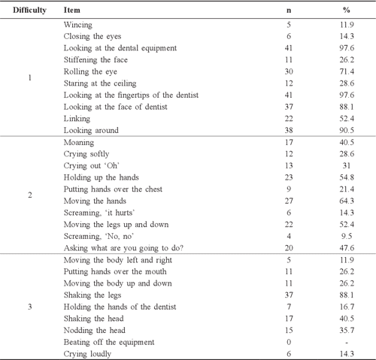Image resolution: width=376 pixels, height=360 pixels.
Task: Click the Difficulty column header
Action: pos(29,11)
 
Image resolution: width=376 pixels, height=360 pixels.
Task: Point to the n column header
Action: pos(289,11)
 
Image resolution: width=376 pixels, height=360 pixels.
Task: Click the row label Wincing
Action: pos(78,26)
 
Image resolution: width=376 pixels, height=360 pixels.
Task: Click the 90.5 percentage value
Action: pos(346,130)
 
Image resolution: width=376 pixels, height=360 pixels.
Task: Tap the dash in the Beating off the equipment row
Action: pos(346,342)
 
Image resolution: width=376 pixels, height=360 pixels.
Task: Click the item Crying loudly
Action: pos(89,352)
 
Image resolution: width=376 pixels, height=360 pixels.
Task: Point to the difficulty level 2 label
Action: pos(29,195)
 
